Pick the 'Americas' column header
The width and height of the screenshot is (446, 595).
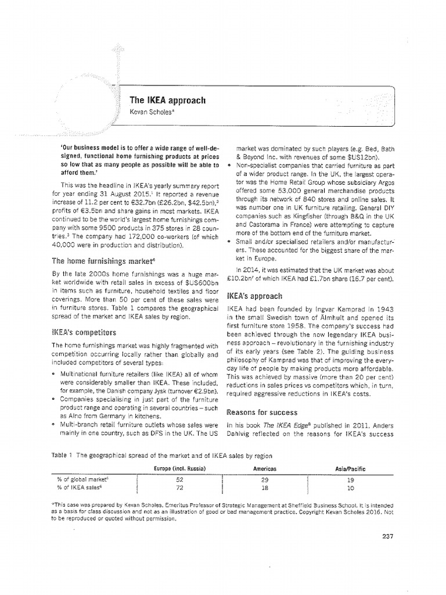[264, 468]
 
